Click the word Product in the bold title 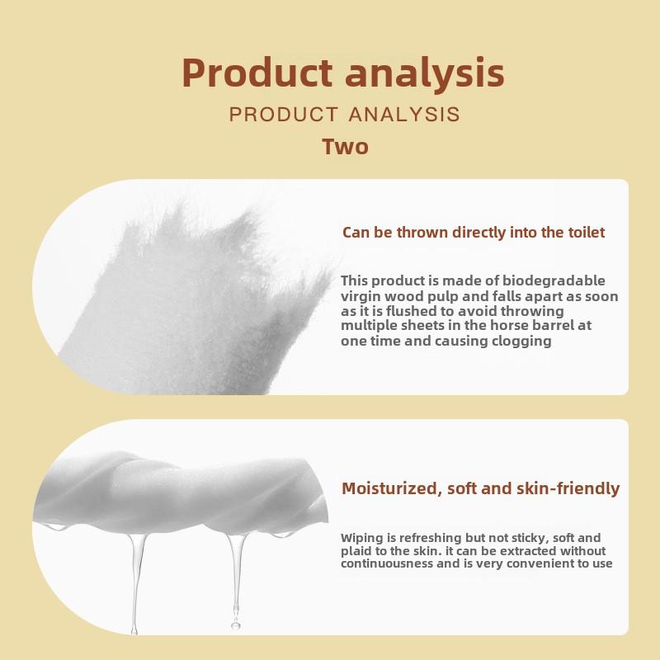pyautogui.click(x=257, y=73)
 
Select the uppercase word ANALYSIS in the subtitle pyautogui.click(x=404, y=114)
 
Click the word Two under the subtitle pyautogui.click(x=345, y=147)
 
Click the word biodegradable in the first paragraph pyautogui.click(x=554, y=280)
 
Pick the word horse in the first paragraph pyautogui.click(x=509, y=325)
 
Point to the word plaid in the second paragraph pyautogui.click(x=354, y=551)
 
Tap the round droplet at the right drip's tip pyautogui.click(x=236, y=625)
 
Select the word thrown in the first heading pyautogui.click(x=422, y=232)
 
